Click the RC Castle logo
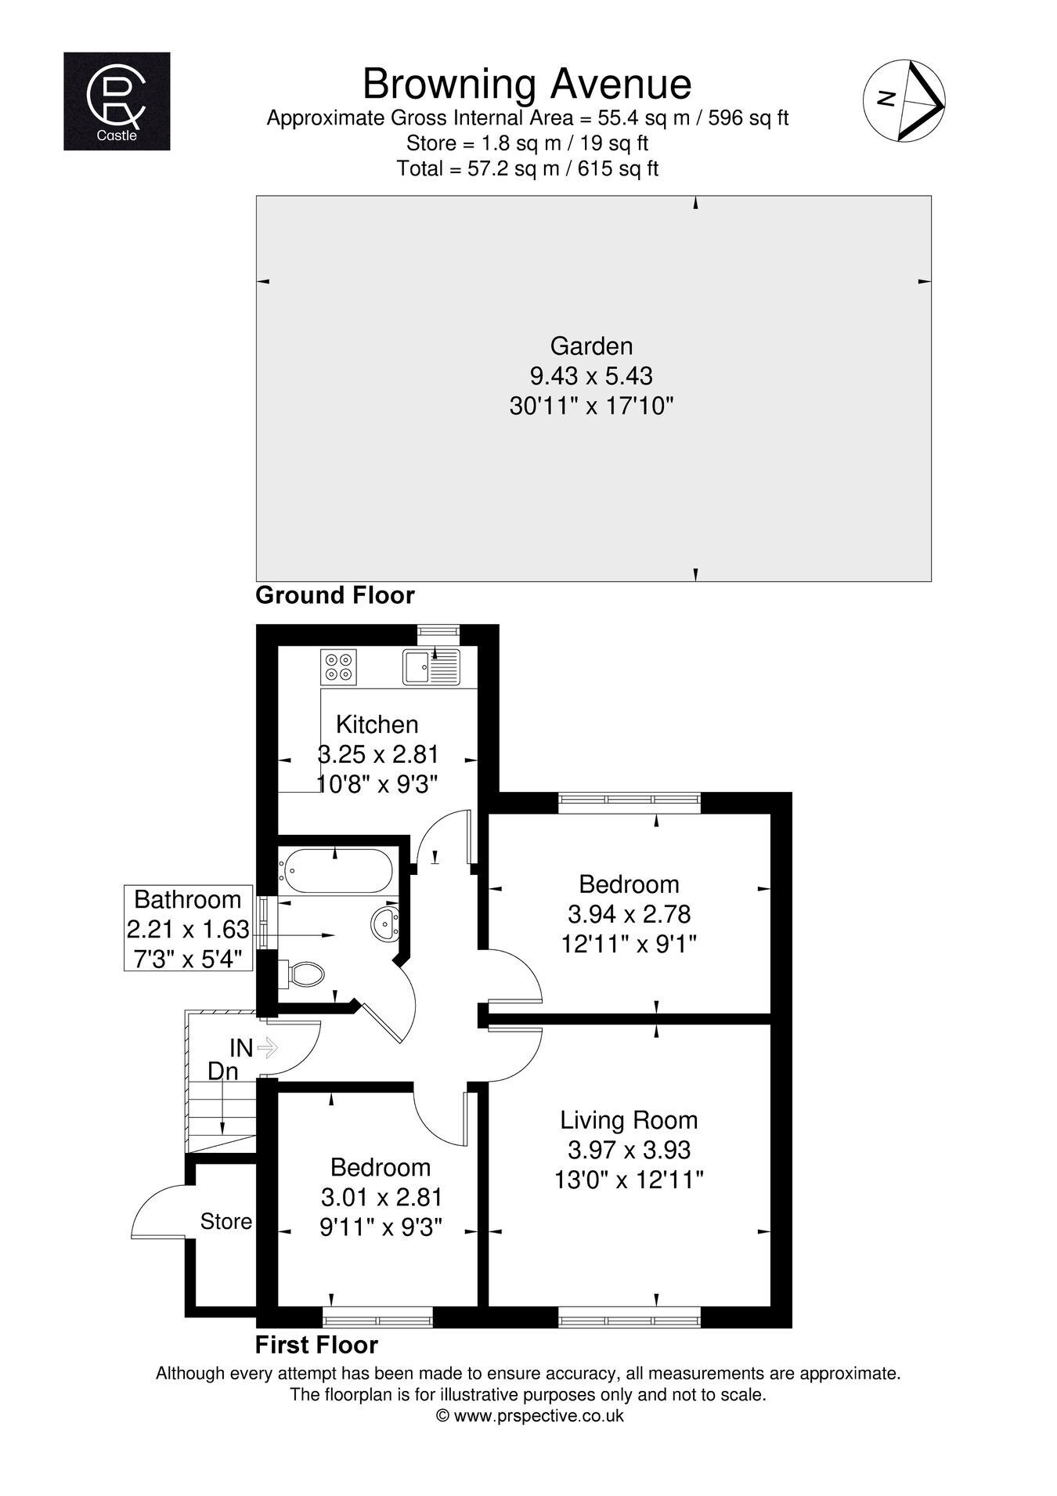pos(117,101)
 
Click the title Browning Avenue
pos(527,83)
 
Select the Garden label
pos(591,345)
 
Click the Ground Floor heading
pos(335,595)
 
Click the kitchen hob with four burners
pos(338,666)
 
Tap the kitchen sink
pos(431,667)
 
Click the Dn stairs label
pos(223,1071)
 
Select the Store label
pos(226,1221)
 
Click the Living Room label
pos(629,1120)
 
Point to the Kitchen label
pos(377,724)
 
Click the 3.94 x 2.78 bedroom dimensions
pos(629,914)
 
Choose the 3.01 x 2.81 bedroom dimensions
pos(382,1197)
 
